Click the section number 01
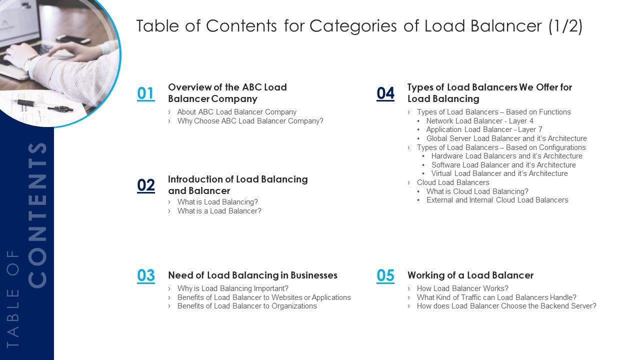[145, 93]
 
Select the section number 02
[146, 185]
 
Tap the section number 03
[146, 275]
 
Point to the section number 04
[385, 93]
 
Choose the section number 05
[385, 275]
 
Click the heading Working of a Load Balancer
[470, 275]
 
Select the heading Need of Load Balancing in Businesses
[252, 275]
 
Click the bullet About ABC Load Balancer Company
[236, 112]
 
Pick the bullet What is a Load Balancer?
[219, 211]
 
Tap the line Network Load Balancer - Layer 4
[479, 121]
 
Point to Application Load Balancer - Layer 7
[484, 129]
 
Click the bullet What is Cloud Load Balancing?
[477, 191]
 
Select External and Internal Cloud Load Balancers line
[497, 200]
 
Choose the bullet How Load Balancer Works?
[462, 288]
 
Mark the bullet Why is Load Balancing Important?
[232, 288]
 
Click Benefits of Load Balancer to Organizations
[247, 306]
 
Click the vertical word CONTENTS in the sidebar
[38, 215]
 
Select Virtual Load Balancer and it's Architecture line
[499, 173]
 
